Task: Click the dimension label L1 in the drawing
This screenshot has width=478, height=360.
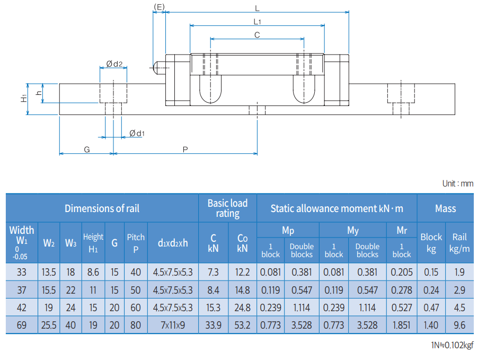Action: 257,22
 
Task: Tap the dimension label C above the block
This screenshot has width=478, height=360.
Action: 257,35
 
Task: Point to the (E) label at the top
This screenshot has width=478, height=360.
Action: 159,7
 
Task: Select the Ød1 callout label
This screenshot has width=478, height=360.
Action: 137,133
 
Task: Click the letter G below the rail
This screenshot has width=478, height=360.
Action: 86,150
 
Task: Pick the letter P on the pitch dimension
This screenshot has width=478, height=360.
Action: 185,150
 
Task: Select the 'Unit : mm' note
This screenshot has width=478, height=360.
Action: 457,183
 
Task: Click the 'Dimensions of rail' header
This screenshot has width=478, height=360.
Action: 102,208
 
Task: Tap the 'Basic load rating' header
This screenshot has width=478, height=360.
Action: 227,208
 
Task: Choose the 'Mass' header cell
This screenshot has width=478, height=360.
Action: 445,208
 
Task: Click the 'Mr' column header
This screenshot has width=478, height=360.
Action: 402,230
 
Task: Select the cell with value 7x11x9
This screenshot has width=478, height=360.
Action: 173,325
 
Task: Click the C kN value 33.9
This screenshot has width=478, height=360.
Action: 213,325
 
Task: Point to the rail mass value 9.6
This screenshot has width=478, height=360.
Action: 459,325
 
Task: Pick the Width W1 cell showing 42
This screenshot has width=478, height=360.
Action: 22,308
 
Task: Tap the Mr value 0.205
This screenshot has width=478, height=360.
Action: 402,273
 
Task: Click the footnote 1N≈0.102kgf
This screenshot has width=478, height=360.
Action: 452,345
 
